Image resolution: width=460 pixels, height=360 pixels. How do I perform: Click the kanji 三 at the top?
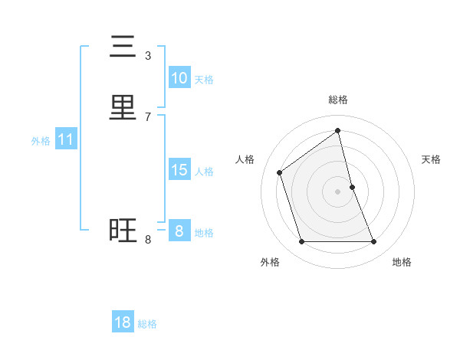point(123,47)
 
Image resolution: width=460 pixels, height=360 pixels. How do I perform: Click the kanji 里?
point(123,108)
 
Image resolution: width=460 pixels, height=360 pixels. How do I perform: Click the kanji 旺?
point(123,231)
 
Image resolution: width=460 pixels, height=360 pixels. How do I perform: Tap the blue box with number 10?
point(179,78)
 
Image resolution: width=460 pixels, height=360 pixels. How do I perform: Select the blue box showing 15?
point(179,170)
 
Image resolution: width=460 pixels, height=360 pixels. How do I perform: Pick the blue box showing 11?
point(65,139)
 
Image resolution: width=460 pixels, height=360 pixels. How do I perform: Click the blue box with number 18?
point(123,322)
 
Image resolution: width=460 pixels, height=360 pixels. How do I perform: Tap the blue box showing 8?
point(179,231)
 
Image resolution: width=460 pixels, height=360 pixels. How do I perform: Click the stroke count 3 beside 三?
point(148,55)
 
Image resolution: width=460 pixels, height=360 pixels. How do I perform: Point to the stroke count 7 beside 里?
point(148,116)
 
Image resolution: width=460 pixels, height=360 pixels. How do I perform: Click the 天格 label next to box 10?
point(204,80)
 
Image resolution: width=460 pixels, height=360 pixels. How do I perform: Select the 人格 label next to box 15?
point(204,172)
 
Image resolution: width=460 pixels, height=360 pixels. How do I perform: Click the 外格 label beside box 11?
point(41,141)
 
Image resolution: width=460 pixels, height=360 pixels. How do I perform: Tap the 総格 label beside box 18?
point(147,324)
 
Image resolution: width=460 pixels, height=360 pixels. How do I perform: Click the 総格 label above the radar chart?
point(338,100)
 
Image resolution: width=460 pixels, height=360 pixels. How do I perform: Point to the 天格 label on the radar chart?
point(431,159)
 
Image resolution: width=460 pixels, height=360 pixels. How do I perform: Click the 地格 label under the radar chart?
point(402,262)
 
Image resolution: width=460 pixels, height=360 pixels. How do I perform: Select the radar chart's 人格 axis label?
point(245,159)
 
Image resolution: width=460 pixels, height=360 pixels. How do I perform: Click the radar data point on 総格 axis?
point(338,131)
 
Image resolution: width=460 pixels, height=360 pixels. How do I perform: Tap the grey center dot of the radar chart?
point(338,191)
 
